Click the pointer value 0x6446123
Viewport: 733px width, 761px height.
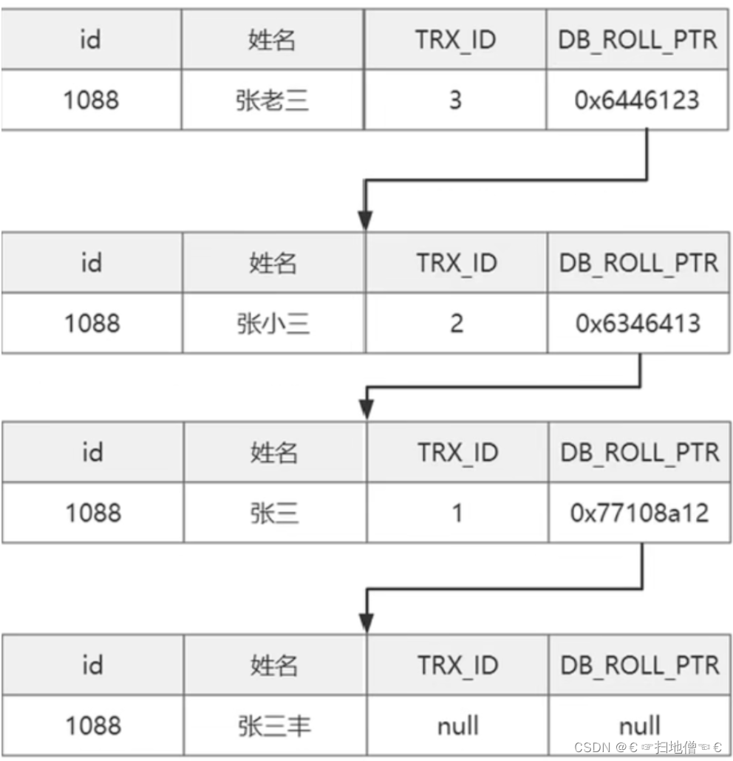[x=637, y=100]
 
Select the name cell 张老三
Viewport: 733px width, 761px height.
[x=272, y=100]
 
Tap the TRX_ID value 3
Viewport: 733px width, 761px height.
[x=455, y=100]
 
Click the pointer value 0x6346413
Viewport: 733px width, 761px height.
[x=637, y=323]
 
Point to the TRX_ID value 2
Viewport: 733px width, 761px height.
[x=456, y=323]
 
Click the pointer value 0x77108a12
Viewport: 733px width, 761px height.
[x=639, y=513]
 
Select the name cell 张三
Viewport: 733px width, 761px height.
[x=273, y=513]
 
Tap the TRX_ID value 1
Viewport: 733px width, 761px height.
[x=457, y=513]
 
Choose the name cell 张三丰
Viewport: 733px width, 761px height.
[x=274, y=726]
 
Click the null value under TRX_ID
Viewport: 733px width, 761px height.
[x=457, y=726]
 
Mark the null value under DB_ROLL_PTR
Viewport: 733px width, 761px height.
[x=640, y=726]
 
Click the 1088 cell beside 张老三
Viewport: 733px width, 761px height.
[x=91, y=100]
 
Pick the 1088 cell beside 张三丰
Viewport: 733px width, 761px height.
[x=92, y=726]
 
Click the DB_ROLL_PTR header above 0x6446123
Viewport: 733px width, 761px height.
[x=638, y=40]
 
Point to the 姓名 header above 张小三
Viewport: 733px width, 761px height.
[x=272, y=262]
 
